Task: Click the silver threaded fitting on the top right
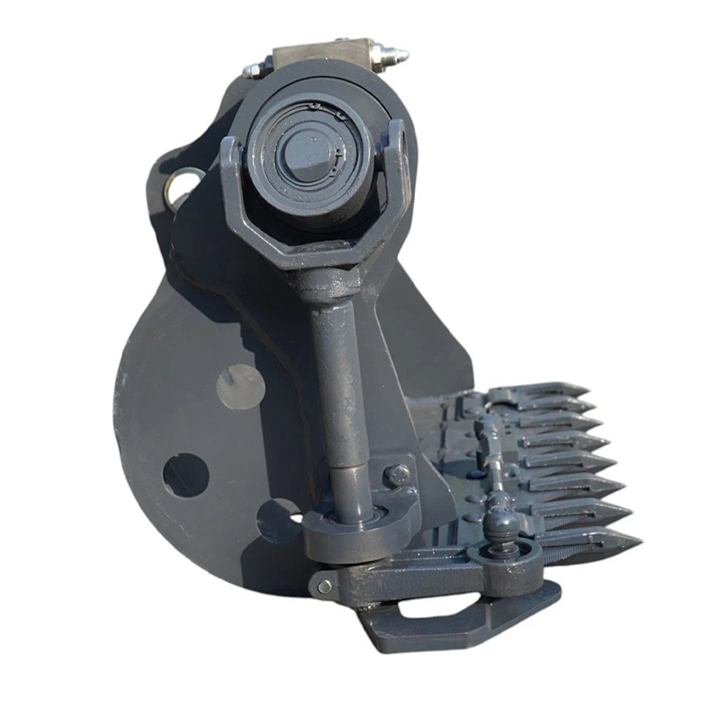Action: coord(392,53)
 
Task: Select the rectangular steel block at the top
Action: coord(321,59)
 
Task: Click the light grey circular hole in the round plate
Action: coord(241,383)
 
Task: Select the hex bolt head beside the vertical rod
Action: coord(396,475)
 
